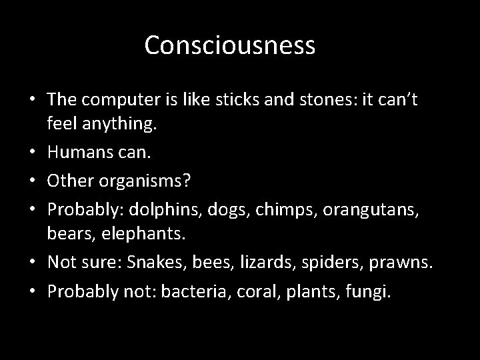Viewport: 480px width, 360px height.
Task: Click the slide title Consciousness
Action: tap(229, 46)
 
